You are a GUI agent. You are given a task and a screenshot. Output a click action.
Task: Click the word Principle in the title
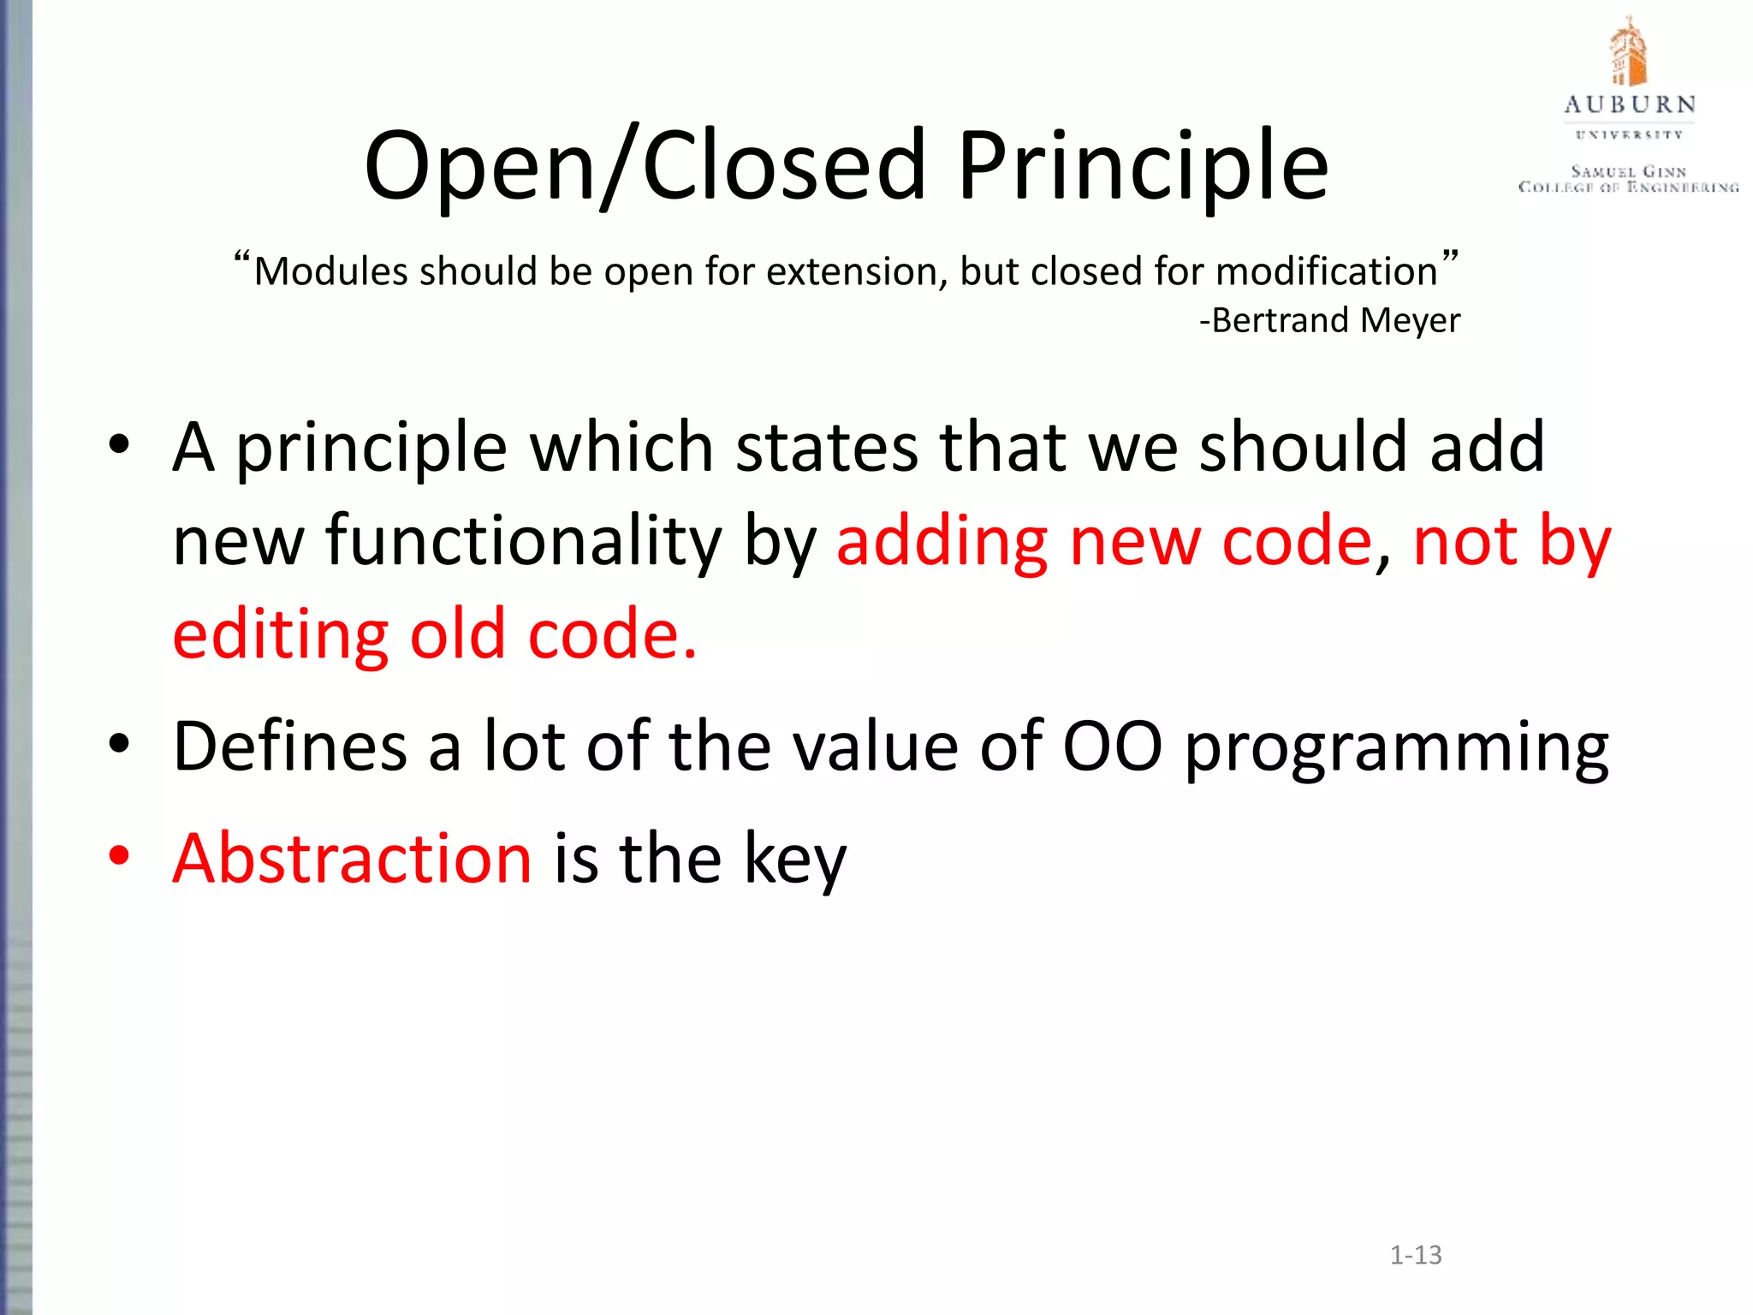point(1142,167)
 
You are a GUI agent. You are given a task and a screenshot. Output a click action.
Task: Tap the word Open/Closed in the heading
point(645,167)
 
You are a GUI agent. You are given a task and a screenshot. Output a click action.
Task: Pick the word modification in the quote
point(1326,272)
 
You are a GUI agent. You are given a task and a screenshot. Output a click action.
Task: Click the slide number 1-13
point(1416,1255)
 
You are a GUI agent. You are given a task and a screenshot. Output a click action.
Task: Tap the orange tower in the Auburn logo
point(1628,53)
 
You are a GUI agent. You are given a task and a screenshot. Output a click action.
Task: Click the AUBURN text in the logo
point(1630,105)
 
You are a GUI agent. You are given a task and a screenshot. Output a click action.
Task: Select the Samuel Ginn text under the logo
point(1629,172)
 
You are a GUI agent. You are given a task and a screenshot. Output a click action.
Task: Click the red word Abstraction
point(352,859)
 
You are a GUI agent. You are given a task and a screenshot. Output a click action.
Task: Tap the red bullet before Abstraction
point(119,855)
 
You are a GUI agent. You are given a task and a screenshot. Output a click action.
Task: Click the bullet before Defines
point(119,744)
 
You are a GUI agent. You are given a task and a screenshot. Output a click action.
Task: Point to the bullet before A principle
point(119,444)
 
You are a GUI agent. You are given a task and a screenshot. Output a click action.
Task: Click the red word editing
point(280,635)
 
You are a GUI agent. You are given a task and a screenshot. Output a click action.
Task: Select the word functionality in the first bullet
point(523,542)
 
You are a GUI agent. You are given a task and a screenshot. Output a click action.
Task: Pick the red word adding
point(942,542)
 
